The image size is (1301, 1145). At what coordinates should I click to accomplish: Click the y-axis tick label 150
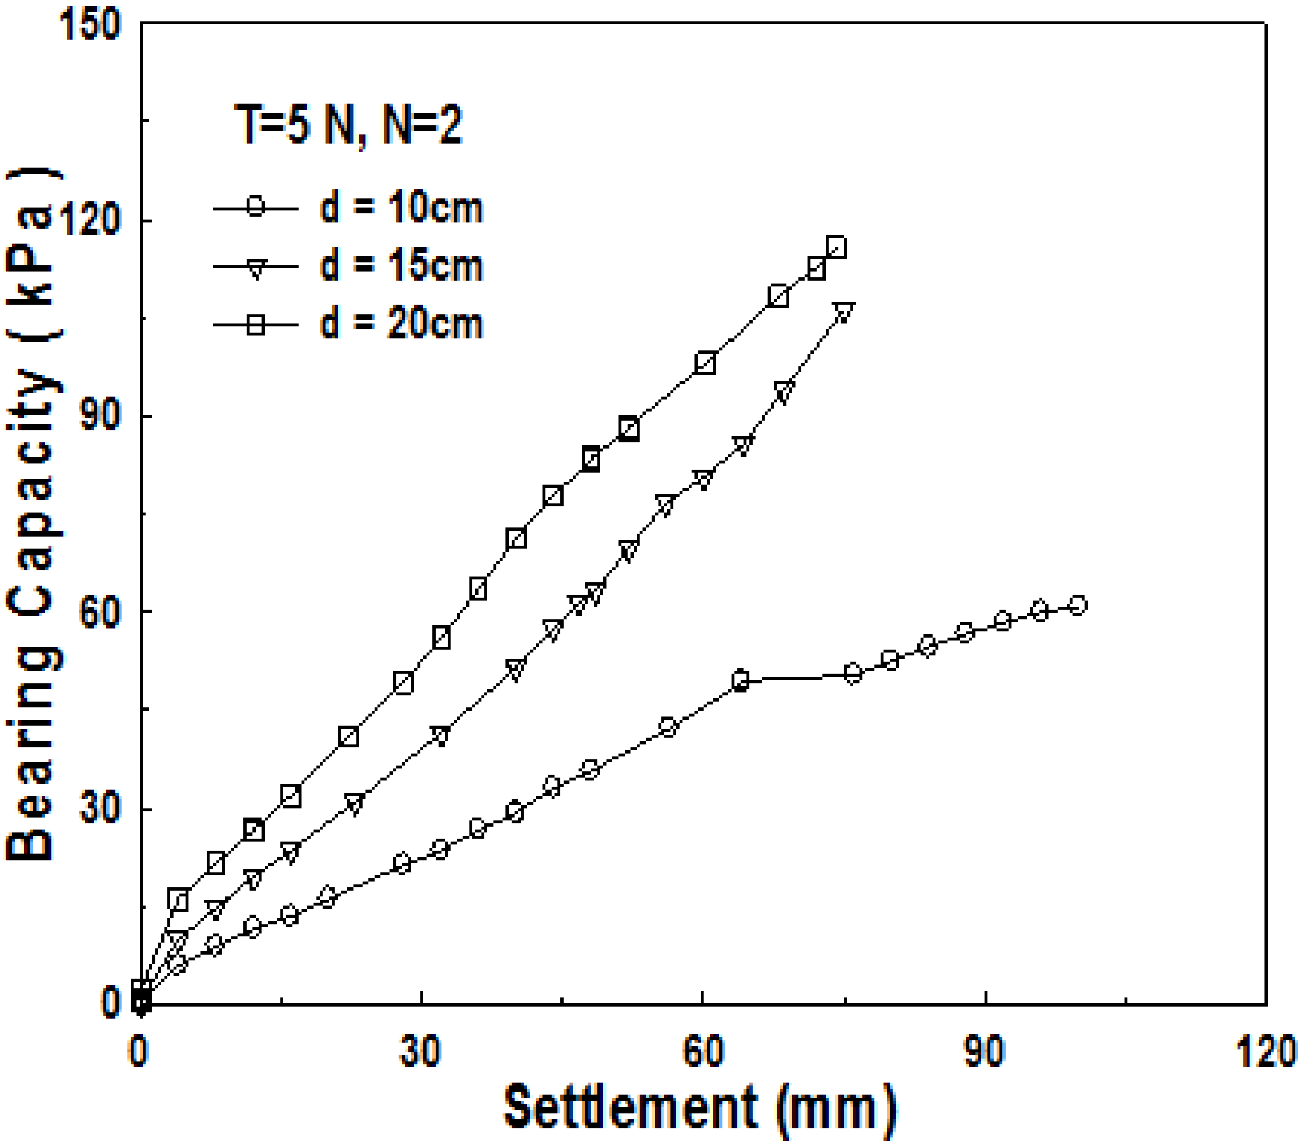coord(89,25)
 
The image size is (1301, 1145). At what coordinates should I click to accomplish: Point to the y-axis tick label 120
coord(89,220)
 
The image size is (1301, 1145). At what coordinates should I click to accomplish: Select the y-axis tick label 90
coord(99,415)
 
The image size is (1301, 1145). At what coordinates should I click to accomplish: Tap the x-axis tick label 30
coord(420,1051)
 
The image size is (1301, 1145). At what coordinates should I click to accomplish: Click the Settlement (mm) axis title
coord(700,1107)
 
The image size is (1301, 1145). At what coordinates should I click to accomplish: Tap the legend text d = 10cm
coord(401,208)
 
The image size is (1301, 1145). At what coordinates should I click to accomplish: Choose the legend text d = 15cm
coord(401,265)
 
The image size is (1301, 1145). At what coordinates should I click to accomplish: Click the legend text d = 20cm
coord(401,324)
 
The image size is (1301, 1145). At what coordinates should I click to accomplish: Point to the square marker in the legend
coord(256,324)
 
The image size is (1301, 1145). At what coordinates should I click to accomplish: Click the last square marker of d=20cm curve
coord(836,247)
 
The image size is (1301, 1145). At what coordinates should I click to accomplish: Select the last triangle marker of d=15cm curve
coord(844,313)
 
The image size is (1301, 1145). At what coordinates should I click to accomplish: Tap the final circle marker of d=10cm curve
coord(1078,605)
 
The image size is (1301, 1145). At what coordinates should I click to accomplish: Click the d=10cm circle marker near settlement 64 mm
coord(741,680)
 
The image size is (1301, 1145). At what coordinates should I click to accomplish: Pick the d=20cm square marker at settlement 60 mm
coord(705,363)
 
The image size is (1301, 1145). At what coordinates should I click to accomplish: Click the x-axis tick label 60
coord(703,1051)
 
